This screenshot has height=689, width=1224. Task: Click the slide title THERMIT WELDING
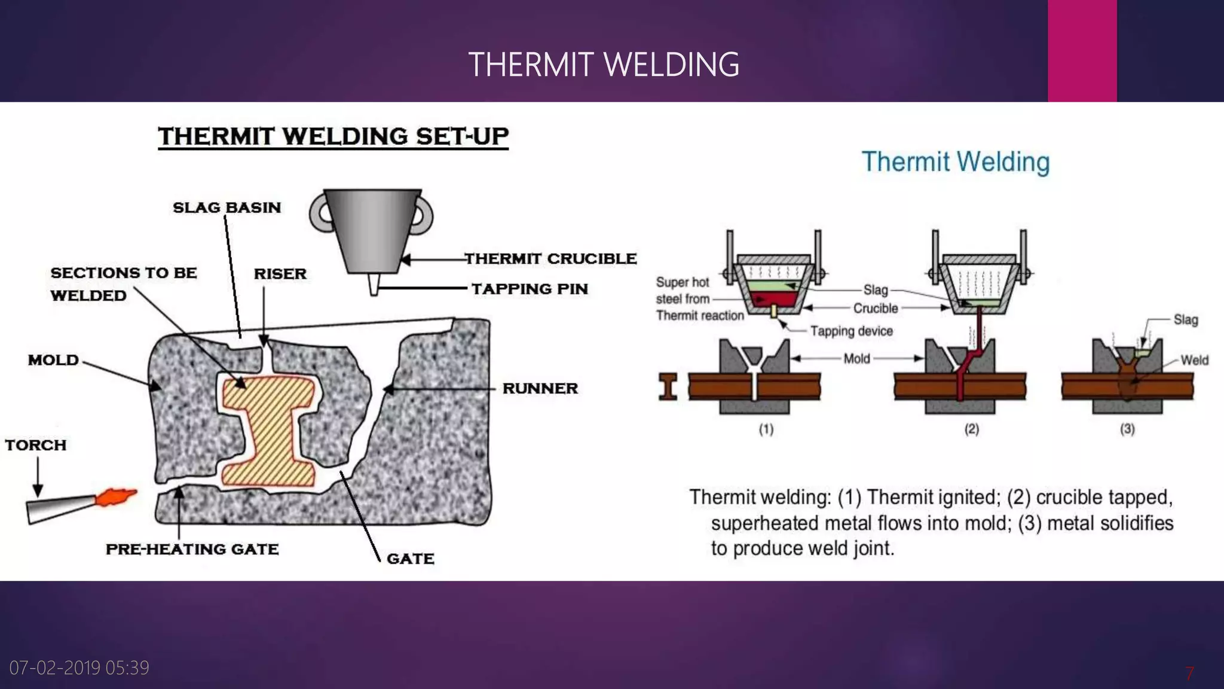pyautogui.click(x=604, y=65)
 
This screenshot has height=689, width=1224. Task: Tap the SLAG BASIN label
pyautogui.click(x=227, y=208)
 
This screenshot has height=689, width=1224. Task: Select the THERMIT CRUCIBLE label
pyautogui.click(x=550, y=258)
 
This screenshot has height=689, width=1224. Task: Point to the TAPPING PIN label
pyautogui.click(x=530, y=289)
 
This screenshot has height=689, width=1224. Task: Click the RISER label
pyautogui.click(x=280, y=274)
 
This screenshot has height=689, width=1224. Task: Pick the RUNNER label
pyautogui.click(x=540, y=388)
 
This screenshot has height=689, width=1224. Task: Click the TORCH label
pyautogui.click(x=35, y=445)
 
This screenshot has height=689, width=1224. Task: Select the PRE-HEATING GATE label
pyautogui.click(x=192, y=549)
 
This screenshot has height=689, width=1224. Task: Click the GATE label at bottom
pyautogui.click(x=410, y=559)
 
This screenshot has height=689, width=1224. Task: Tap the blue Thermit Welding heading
pyautogui.click(x=955, y=162)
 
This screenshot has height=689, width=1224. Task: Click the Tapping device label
pyautogui.click(x=851, y=331)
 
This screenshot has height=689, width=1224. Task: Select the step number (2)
pyautogui.click(x=971, y=429)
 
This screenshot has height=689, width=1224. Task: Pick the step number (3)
pyautogui.click(x=1127, y=429)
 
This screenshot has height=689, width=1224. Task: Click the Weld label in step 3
pyautogui.click(x=1194, y=360)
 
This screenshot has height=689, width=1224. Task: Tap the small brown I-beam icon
pyautogui.click(x=668, y=386)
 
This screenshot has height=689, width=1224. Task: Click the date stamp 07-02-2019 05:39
pyautogui.click(x=79, y=667)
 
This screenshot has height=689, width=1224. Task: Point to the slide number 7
pyautogui.click(x=1189, y=673)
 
